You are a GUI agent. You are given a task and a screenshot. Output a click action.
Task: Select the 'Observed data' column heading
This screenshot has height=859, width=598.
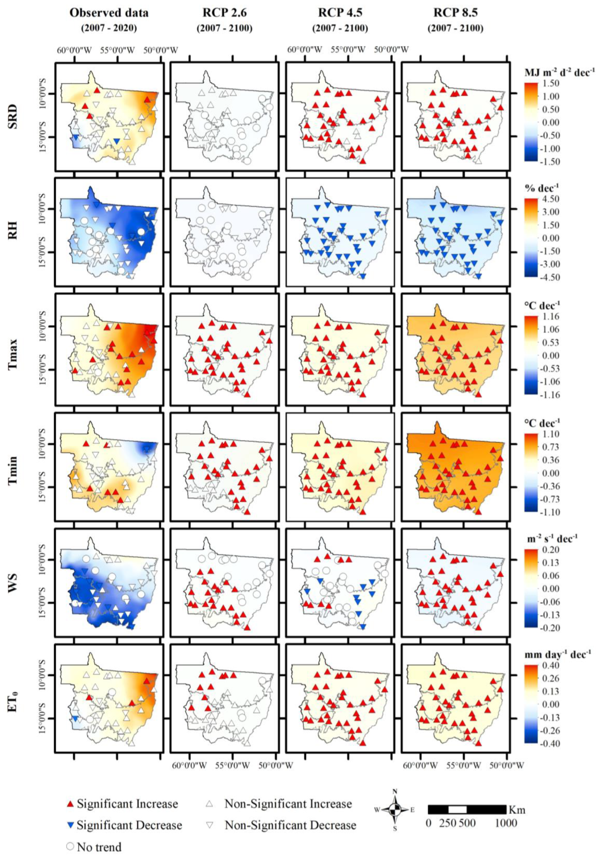coord(109,12)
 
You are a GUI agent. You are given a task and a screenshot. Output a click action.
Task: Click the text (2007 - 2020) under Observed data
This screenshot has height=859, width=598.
coord(109,28)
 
